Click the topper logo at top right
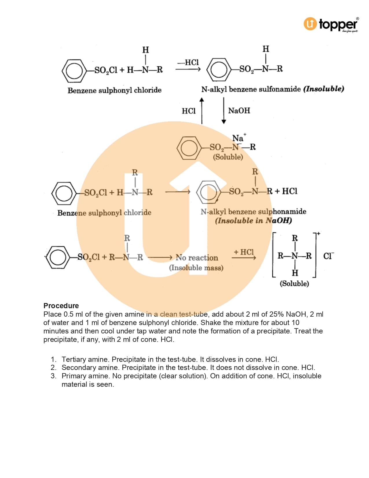click(x=331, y=24)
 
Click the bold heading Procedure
click(x=61, y=306)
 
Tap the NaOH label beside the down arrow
click(x=239, y=111)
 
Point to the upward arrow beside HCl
click(x=202, y=111)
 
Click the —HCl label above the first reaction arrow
click(x=188, y=62)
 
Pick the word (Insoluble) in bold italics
click(x=324, y=89)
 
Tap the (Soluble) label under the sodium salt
click(x=228, y=157)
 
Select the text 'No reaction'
click(x=197, y=258)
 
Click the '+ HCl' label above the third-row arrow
click(x=244, y=252)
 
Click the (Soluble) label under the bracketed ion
click(x=294, y=283)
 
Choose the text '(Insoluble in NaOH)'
click(x=254, y=221)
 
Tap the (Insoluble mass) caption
click(x=196, y=268)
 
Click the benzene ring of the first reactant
click(x=74, y=70)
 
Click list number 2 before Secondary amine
click(x=53, y=368)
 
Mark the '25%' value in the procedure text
click(x=276, y=314)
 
